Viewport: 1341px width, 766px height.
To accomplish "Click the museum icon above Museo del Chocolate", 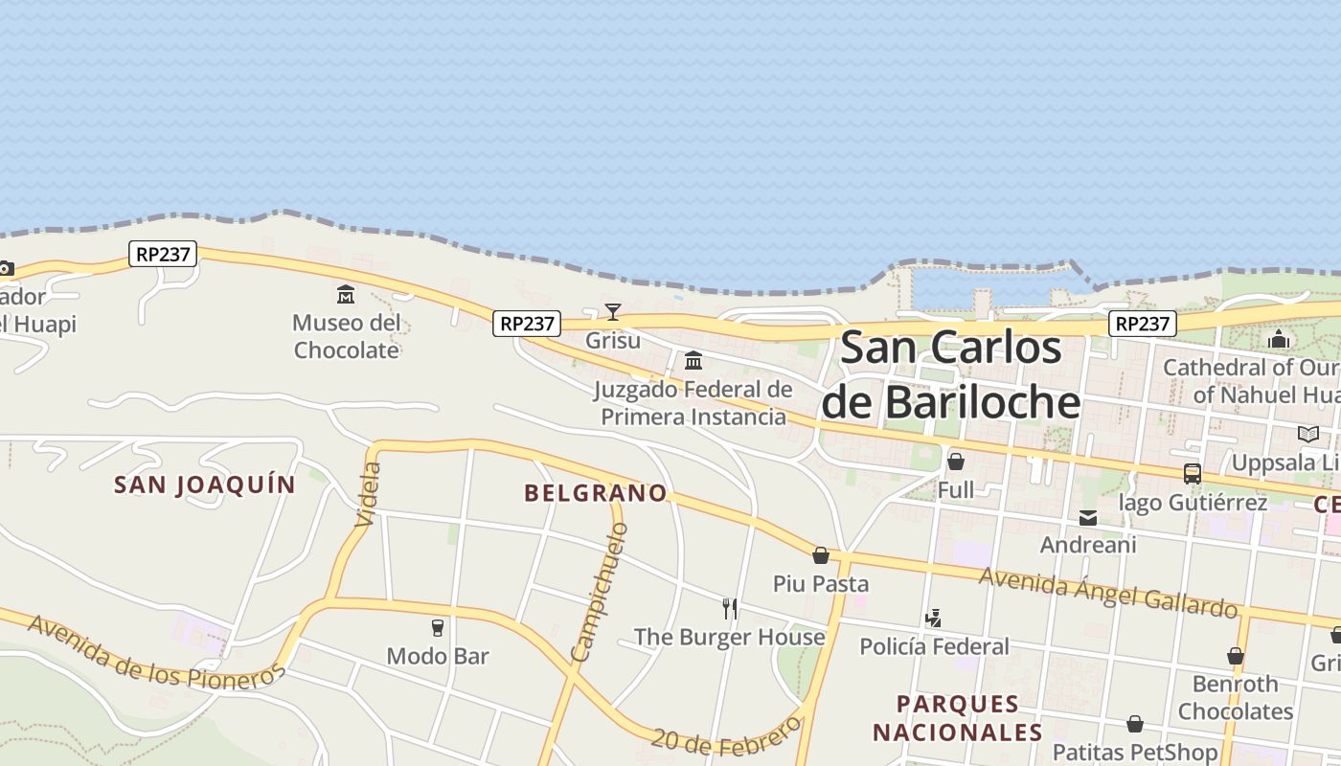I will click(x=346, y=294).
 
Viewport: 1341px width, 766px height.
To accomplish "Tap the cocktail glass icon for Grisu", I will click(x=613, y=311).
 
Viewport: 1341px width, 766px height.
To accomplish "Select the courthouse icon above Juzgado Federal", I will click(x=693, y=361).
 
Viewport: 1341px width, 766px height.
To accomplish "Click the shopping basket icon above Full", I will click(x=955, y=462).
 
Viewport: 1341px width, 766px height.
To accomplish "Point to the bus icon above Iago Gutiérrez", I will click(x=1193, y=473).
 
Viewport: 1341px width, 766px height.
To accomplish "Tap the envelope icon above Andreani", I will click(x=1088, y=518).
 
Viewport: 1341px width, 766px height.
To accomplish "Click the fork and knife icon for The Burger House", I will click(x=730, y=608).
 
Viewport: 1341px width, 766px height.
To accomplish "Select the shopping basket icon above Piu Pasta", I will click(x=821, y=555).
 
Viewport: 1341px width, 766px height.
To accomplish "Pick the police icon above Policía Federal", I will click(x=933, y=619).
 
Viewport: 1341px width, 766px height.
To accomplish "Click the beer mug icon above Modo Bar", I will click(x=438, y=628).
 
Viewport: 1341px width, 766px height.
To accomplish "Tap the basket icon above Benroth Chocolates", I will click(x=1236, y=656).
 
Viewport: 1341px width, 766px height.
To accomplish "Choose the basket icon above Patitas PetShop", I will click(x=1135, y=724).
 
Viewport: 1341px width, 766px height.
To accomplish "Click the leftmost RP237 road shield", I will click(x=163, y=254).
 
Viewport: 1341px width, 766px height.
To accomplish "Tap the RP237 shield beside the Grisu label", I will click(x=527, y=324).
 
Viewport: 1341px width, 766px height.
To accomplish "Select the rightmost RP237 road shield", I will click(x=1143, y=324).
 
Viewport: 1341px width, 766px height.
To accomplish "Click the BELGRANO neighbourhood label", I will click(x=596, y=493).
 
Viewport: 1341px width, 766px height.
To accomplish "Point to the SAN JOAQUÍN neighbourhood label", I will click(x=205, y=484).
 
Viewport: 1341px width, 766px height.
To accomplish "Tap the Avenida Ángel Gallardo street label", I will click(x=1108, y=592).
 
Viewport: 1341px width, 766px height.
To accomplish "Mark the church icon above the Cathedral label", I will click(x=1279, y=339).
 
